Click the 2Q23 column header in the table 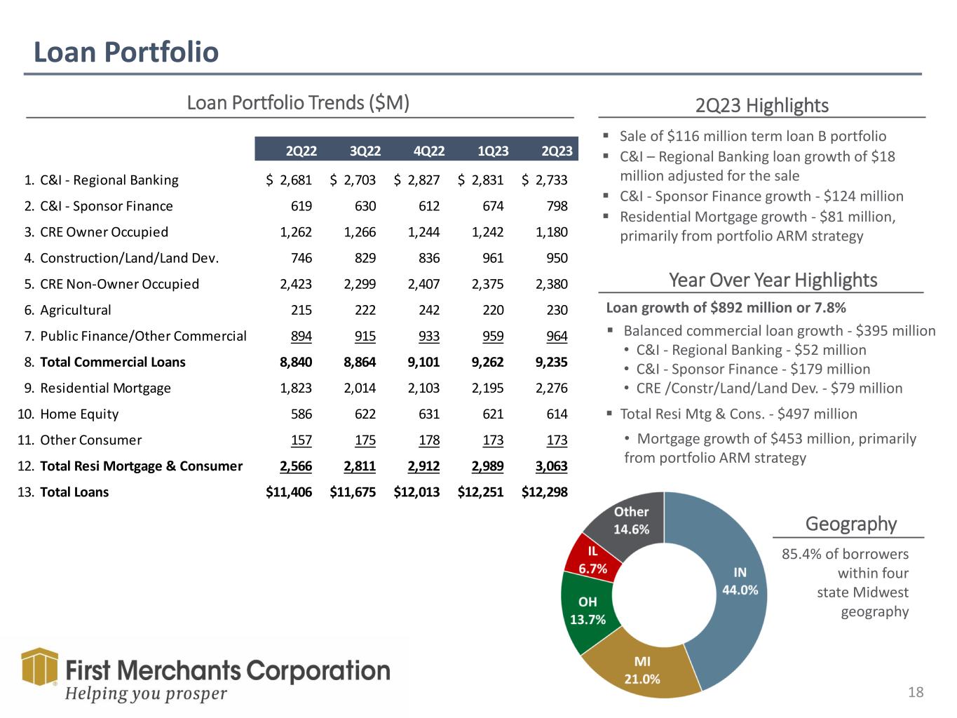coord(557,151)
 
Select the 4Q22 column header coord(429,151)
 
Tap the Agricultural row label coord(76,310)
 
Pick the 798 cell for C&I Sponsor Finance coord(557,206)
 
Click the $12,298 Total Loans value coord(545,492)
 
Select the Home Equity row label coord(79,414)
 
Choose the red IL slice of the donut coord(592,560)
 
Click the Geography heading coord(851,524)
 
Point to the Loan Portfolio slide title coord(126,52)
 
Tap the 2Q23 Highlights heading coord(762,106)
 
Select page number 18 coord(916,693)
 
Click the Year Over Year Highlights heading coord(773,280)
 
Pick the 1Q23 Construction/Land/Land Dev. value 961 coord(493,258)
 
